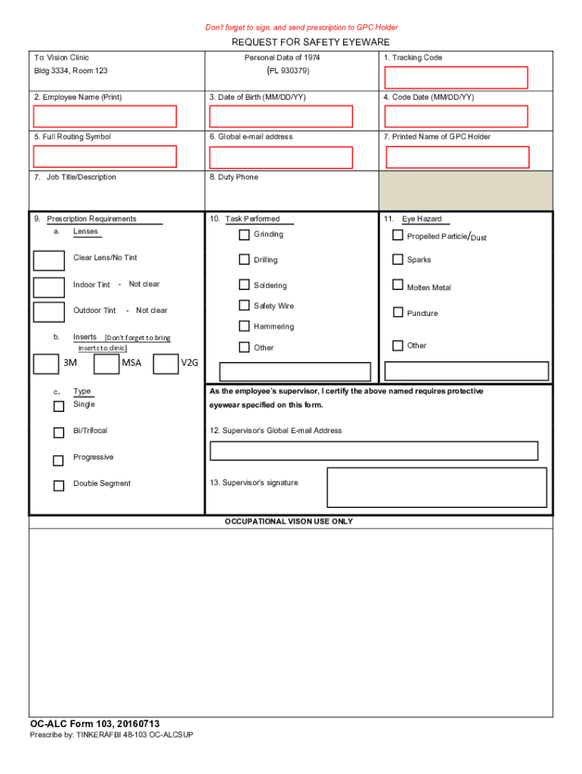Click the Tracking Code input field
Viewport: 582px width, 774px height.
(x=456, y=78)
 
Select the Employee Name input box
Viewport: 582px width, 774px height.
(x=105, y=116)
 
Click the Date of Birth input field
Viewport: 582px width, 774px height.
(x=280, y=116)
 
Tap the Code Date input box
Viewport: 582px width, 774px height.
(x=456, y=116)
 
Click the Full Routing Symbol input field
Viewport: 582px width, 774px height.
(x=105, y=156)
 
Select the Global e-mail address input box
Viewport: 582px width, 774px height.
(x=280, y=157)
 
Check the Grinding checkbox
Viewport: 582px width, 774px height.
(x=244, y=234)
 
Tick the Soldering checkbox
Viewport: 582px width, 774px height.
(x=244, y=285)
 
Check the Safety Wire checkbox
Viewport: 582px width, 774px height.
(x=244, y=305)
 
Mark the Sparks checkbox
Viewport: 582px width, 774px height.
(x=398, y=259)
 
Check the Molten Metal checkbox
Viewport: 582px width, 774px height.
(x=398, y=285)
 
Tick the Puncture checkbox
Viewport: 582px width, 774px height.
(x=398, y=312)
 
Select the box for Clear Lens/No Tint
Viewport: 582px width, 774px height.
(x=49, y=260)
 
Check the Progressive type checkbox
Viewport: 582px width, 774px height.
(x=58, y=460)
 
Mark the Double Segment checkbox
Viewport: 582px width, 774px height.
(x=58, y=486)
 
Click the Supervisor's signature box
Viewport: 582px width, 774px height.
(x=436, y=487)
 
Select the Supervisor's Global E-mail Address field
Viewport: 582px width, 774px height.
(x=373, y=451)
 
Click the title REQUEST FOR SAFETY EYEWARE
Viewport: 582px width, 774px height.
(x=310, y=42)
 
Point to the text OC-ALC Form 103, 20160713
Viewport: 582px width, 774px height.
(x=94, y=723)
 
